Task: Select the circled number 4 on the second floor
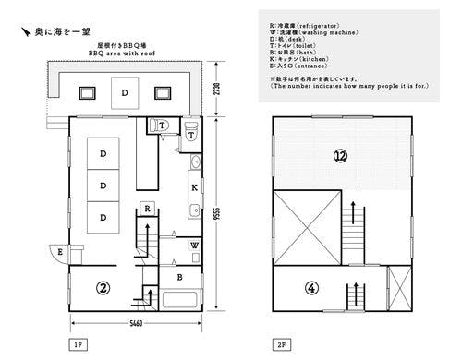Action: point(311,288)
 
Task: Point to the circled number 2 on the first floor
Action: point(103,288)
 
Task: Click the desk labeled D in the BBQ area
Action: point(126,92)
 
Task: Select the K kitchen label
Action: point(194,187)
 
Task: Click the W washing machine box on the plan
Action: point(194,246)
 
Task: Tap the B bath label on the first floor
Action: point(181,276)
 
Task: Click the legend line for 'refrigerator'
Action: point(319,23)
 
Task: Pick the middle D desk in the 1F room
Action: point(103,184)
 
